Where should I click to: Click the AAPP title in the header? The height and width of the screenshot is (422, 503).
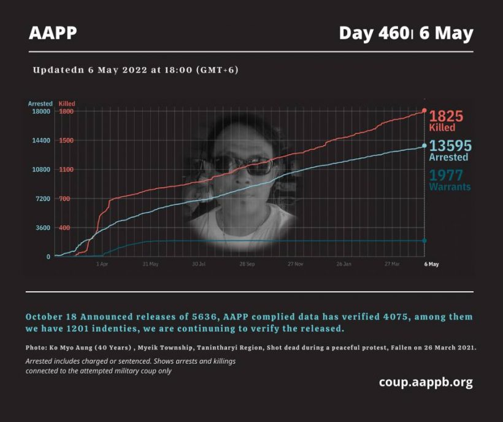tap(53, 33)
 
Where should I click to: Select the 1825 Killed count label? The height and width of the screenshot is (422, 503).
tap(446, 120)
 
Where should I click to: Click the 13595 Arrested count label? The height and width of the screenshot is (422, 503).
tap(450, 150)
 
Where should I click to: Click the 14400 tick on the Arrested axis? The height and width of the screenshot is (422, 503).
tap(40, 141)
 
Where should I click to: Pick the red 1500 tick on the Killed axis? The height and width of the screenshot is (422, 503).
tap(66, 141)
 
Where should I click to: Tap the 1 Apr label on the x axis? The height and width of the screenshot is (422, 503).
tap(102, 264)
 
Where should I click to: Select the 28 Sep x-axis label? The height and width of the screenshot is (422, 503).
tap(247, 264)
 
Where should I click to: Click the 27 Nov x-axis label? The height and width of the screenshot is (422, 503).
tap(295, 264)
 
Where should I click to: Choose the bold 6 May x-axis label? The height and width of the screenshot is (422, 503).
tap(432, 264)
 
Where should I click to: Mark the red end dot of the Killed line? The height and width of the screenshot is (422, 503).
tap(424, 111)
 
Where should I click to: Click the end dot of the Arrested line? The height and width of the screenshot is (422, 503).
tap(424, 146)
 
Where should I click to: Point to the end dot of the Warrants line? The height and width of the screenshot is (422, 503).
tap(424, 241)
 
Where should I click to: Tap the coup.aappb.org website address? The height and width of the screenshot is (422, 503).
tap(426, 382)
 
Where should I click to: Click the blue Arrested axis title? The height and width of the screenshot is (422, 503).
tap(40, 104)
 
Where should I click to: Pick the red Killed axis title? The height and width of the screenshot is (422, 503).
tap(67, 104)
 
